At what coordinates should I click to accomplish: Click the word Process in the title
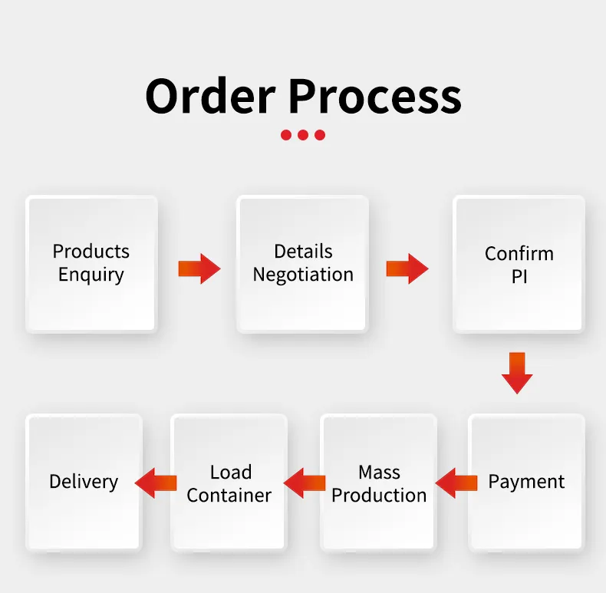(x=375, y=96)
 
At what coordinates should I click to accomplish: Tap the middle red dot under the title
(x=303, y=135)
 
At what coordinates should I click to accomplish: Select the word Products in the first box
(x=91, y=252)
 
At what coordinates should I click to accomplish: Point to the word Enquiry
(x=91, y=275)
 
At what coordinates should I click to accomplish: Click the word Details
(x=303, y=252)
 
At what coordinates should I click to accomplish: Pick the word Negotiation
(x=303, y=275)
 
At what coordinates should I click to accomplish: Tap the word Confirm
(x=519, y=254)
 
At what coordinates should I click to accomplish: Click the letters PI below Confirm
(x=519, y=276)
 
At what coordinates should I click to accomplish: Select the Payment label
(x=526, y=482)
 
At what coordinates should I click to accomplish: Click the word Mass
(x=379, y=472)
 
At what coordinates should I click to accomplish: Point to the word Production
(x=379, y=496)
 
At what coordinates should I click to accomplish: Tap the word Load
(x=230, y=472)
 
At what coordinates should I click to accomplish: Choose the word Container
(x=229, y=496)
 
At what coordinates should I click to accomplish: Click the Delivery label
(x=84, y=482)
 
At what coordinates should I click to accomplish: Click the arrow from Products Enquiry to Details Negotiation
(x=199, y=268)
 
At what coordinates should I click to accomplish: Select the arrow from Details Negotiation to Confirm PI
(x=407, y=268)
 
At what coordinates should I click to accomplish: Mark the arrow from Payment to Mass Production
(x=456, y=483)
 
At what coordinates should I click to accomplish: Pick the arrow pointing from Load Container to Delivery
(x=156, y=483)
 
